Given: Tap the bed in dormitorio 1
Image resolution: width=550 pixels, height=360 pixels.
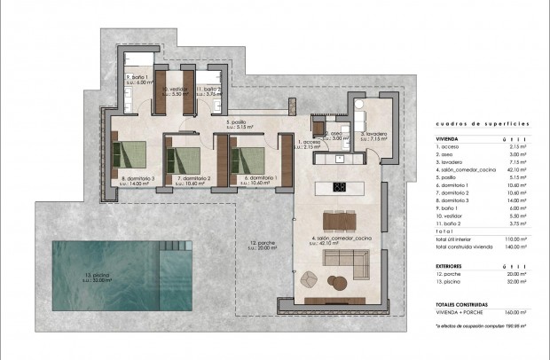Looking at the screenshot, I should tap(248, 157).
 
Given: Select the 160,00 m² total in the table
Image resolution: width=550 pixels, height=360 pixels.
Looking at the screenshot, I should tap(516, 310).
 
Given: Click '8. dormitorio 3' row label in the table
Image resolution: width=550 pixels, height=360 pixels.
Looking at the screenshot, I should tap(456, 201).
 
